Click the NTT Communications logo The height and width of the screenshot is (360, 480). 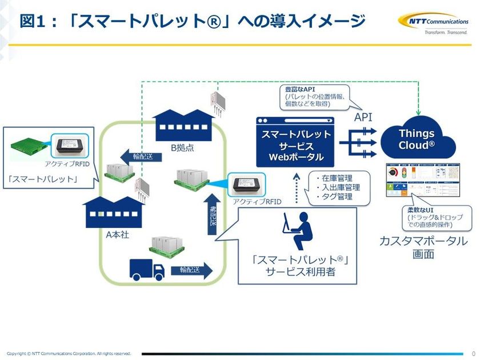pyautogui.click(x=433, y=23)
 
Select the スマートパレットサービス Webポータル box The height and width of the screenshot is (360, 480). pyautogui.click(x=295, y=142)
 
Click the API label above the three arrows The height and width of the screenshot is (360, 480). pyautogui.click(x=363, y=117)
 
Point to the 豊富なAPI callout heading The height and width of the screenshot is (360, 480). pyautogui.click(x=300, y=90)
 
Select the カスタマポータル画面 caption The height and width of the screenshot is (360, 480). pyautogui.click(x=423, y=247)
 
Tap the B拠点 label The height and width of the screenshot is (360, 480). pyautogui.click(x=183, y=147)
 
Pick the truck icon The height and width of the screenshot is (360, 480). pyautogui.click(x=147, y=269)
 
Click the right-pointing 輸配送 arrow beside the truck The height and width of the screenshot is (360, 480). pyautogui.click(x=191, y=270)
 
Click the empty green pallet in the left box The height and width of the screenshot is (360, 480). pyautogui.click(x=29, y=148)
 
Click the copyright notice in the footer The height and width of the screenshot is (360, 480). pyautogui.click(x=69, y=354)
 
